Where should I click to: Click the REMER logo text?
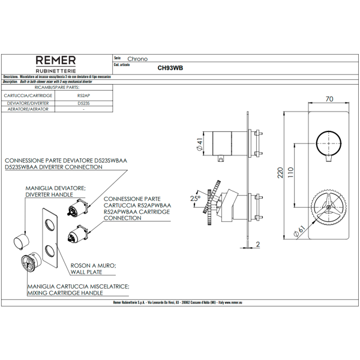click(56, 60)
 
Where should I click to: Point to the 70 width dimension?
click(329, 98)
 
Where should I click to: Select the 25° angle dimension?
click(194, 198)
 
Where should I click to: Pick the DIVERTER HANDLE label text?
click(53, 196)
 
